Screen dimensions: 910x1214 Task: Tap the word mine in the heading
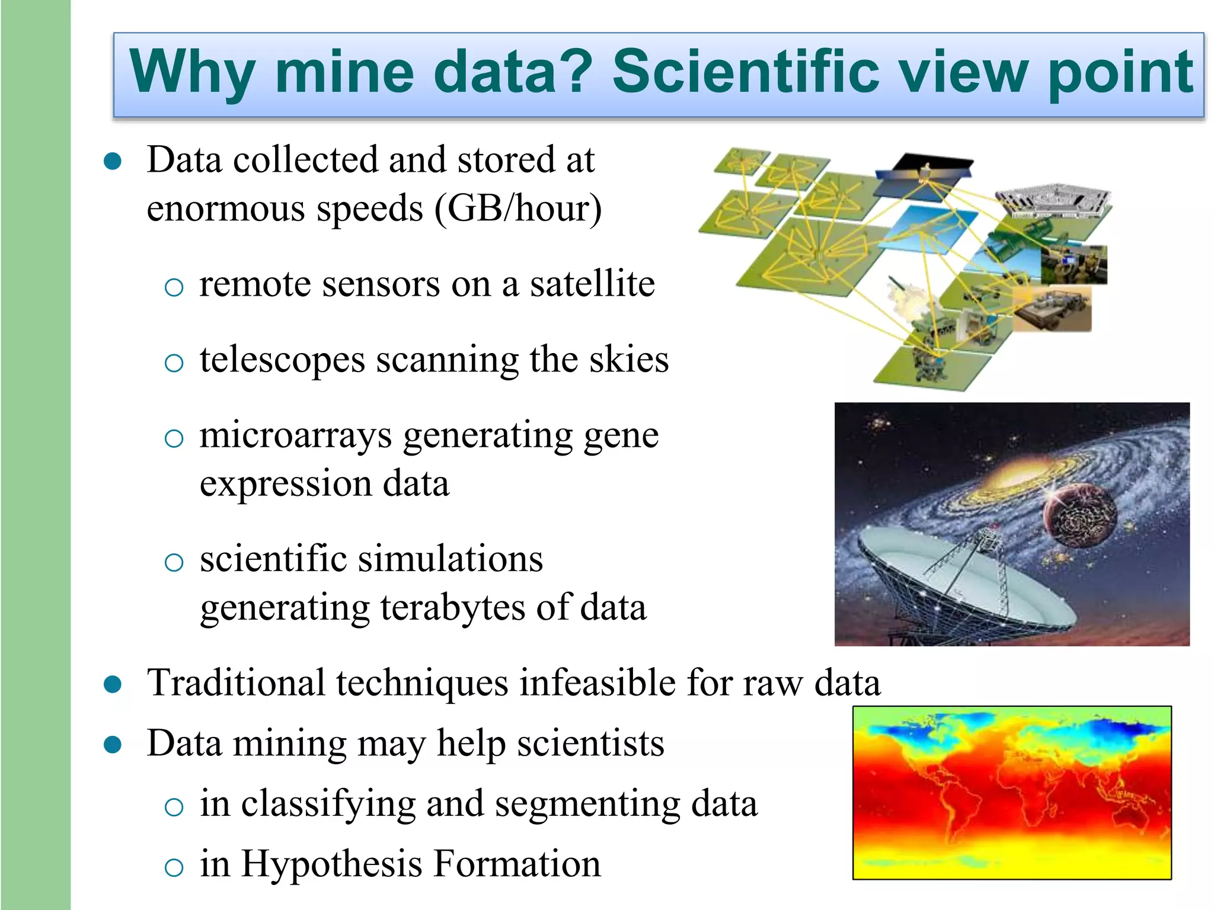click(344, 72)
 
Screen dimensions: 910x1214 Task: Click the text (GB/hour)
click(518, 209)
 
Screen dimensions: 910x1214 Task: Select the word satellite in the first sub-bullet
click(592, 284)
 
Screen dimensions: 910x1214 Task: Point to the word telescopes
click(282, 360)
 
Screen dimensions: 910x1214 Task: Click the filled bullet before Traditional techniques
click(113, 685)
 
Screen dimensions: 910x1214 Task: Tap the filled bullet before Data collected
click(113, 161)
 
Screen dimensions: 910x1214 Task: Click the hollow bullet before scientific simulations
click(174, 562)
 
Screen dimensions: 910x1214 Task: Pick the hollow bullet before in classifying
click(174, 807)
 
